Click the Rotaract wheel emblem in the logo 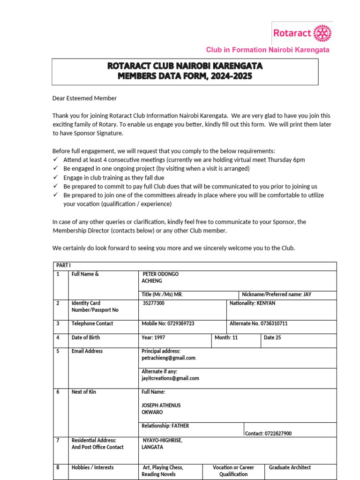pyautogui.click(x=322, y=33)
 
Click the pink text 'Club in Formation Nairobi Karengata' pyautogui.click(x=268, y=50)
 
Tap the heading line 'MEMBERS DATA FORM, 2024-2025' pyautogui.click(x=185, y=76)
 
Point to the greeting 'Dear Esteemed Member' pyautogui.click(x=84, y=98)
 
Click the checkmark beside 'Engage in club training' pyautogui.click(x=55, y=178)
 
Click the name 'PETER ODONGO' pyautogui.click(x=160, y=274)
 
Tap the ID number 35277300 pyautogui.click(x=154, y=303)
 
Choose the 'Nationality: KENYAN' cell pyautogui.click(x=252, y=303)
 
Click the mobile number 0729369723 pyautogui.click(x=168, y=323)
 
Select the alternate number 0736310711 pyautogui.click(x=258, y=323)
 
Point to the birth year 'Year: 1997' pyautogui.click(x=153, y=337)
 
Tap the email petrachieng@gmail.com pyautogui.click(x=168, y=358)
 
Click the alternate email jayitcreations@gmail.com pyautogui.click(x=170, y=378)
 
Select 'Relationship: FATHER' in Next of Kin pyautogui.click(x=165, y=426)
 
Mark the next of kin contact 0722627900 pyautogui.click(x=268, y=434)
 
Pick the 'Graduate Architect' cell pyautogui.click(x=290, y=467)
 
